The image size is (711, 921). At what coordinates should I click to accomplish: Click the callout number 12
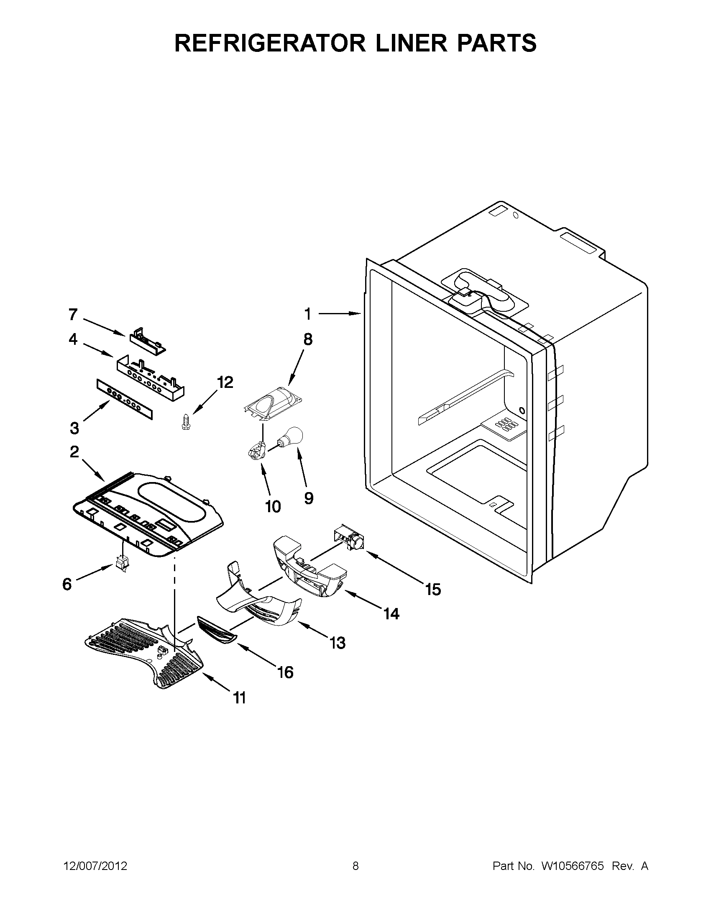pos(225,382)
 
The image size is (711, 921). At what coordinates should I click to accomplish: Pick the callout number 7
pos(73,314)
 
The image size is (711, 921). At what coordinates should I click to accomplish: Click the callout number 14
pos(391,613)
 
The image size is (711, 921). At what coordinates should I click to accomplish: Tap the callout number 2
pos(74,452)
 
